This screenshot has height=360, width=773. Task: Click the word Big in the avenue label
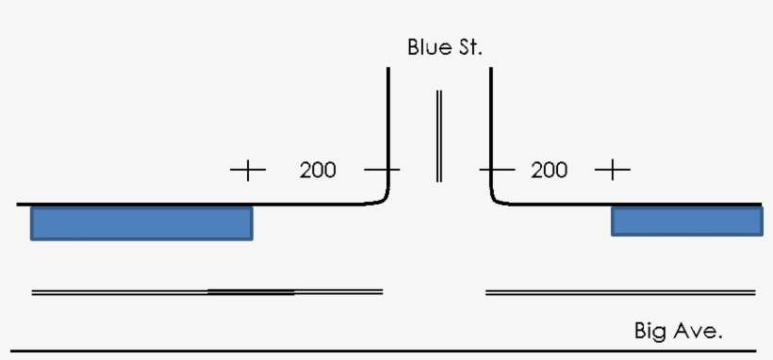point(651,331)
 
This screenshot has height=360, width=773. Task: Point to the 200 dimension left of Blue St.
point(318,171)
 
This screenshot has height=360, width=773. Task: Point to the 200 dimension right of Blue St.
point(550,171)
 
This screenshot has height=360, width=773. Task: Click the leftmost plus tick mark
point(248,171)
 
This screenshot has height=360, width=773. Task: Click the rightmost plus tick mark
point(613,171)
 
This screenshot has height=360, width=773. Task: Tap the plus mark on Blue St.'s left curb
point(382,171)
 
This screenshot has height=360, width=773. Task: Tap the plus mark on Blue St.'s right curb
point(497,171)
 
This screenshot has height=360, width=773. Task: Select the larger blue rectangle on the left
point(141,222)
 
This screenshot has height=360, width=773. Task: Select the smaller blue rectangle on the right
point(686,221)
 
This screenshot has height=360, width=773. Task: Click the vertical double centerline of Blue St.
point(438,137)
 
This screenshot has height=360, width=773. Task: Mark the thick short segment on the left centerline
point(251,291)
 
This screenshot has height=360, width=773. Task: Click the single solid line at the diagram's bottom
point(377,352)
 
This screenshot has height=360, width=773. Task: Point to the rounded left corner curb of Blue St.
point(382,198)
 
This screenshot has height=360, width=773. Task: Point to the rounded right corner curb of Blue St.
point(497,198)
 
